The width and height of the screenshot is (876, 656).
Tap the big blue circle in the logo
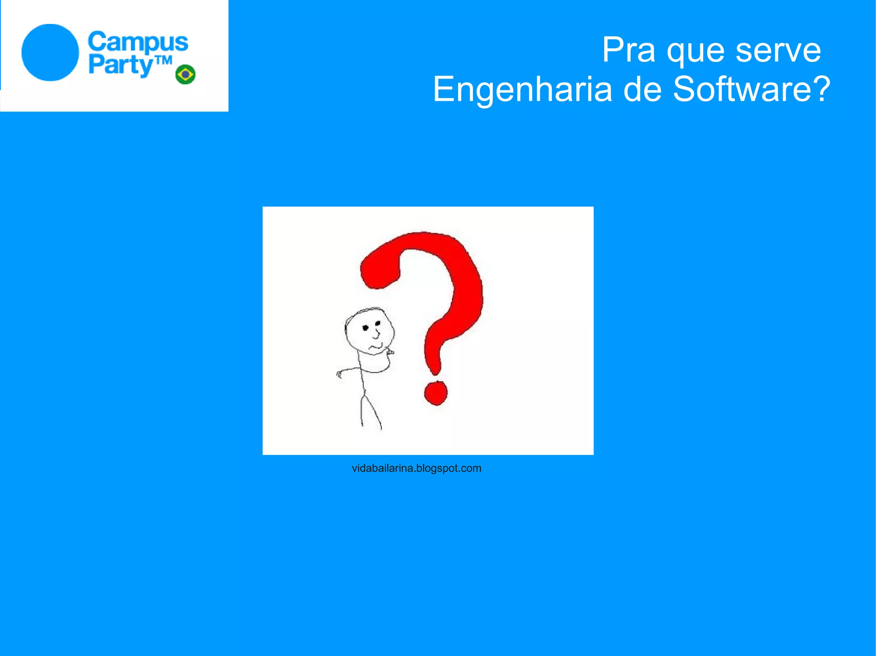[50, 53]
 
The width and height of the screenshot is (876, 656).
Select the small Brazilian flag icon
[186, 74]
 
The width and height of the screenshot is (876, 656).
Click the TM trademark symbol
[163, 61]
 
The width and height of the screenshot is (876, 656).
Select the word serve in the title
[778, 50]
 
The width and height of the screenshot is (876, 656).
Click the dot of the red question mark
[435, 393]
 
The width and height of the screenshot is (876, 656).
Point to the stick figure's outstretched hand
[339, 374]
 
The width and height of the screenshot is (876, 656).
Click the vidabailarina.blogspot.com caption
[416, 468]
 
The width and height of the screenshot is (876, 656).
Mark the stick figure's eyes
[371, 326]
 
